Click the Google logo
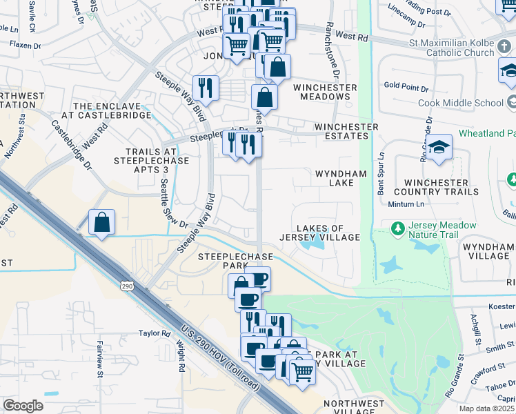(23, 405)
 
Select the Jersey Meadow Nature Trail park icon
(397, 228)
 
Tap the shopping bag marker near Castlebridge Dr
(101, 222)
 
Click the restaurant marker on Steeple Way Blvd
(206, 87)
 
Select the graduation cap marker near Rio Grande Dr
(438, 147)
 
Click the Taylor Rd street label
(154, 333)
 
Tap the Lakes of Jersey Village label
(319, 233)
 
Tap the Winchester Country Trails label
(435, 187)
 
